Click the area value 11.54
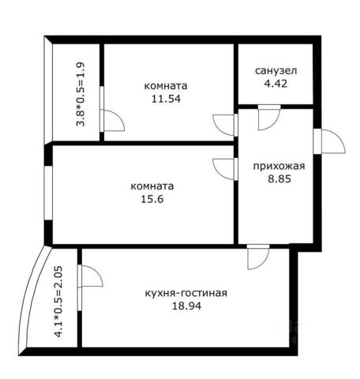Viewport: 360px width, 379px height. tap(166, 99)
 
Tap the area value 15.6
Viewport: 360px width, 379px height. tap(152, 199)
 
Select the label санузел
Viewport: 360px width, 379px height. tap(276, 71)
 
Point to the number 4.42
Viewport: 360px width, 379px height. tap(276, 84)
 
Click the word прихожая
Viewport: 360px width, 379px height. tap(279, 167)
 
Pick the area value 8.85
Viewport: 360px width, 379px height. tap(279, 179)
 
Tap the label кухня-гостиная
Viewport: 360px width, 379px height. tap(186, 293)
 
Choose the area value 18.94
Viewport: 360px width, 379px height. tap(186, 306)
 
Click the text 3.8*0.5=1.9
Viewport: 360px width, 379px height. tap(81, 94)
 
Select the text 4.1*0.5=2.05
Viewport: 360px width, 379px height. tap(58, 302)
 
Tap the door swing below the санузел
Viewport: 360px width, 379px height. tap(269, 118)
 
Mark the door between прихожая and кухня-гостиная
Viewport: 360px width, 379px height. tap(258, 257)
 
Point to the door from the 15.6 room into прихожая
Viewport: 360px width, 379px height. tap(223, 169)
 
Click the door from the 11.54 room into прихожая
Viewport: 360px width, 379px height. tap(223, 125)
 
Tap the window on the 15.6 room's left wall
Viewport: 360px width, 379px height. tap(48, 193)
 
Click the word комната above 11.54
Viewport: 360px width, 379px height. tap(166, 86)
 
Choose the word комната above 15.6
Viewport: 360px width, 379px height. tap(152, 186)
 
